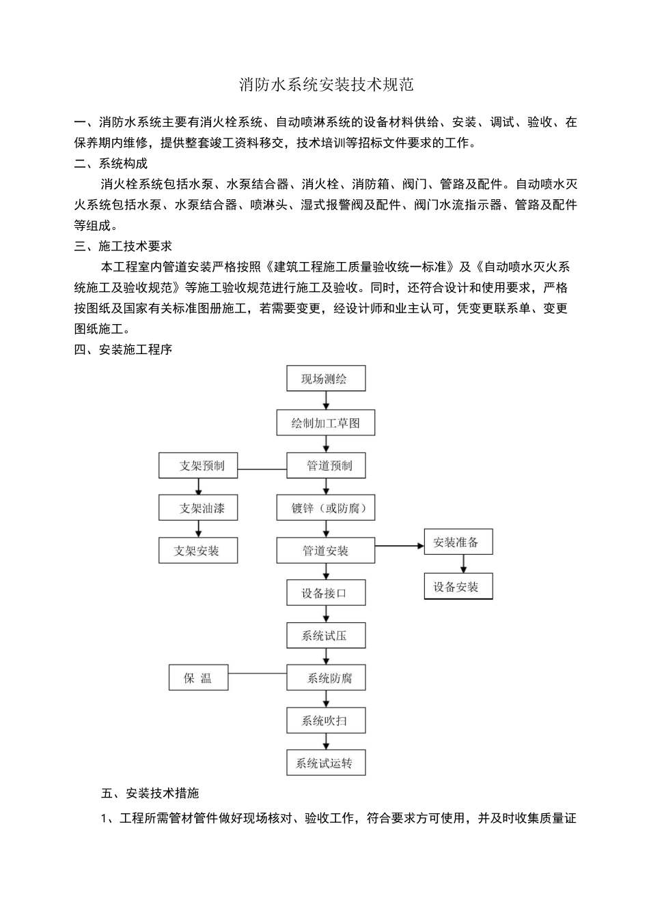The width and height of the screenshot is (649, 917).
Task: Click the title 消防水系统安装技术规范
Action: pos(326,85)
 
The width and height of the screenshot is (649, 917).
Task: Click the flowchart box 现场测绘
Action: pos(326,379)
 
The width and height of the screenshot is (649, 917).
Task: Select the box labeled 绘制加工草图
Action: pos(326,423)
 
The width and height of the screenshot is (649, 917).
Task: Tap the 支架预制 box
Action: pos(198,466)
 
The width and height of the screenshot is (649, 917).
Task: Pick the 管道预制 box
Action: pos(326,466)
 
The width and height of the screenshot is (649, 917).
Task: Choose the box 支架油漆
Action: pos(198,508)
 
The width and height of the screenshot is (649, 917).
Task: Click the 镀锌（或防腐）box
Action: pos(326,508)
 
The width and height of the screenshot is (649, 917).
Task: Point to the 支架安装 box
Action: pos(198,551)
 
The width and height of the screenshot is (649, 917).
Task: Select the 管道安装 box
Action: pos(326,551)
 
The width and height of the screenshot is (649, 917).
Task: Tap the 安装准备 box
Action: pos(458,542)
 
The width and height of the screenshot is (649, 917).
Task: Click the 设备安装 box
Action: pos(458,587)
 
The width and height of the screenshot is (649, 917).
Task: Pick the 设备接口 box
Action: pos(326,594)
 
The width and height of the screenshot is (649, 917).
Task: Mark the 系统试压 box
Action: pos(326,636)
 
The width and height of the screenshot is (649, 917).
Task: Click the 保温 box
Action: pos(198,678)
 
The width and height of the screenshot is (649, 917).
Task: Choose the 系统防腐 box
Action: pos(326,678)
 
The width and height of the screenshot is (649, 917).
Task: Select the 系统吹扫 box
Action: pos(326,720)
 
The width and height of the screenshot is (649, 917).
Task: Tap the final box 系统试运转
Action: pos(326,763)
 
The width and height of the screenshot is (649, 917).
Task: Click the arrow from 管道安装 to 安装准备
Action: pos(400,546)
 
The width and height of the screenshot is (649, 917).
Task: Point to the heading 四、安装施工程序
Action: pos(123,350)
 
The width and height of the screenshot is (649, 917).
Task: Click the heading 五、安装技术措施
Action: pos(150,794)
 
